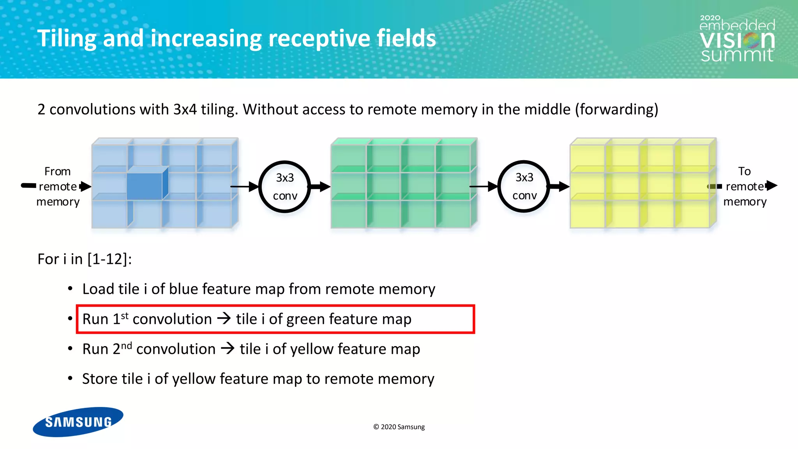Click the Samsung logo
[x=78, y=422]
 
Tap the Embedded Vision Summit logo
[x=737, y=39]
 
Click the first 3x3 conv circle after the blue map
[x=285, y=187]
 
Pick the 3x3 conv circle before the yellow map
[x=524, y=186]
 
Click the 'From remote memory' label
[x=58, y=186]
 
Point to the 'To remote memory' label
[x=744, y=186]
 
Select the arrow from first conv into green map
[x=320, y=187]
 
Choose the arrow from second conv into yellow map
[x=560, y=187]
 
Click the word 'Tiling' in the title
[x=67, y=39]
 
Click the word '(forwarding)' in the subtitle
[x=616, y=110]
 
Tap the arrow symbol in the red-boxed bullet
[x=224, y=319]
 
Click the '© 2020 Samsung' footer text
[x=399, y=427]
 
